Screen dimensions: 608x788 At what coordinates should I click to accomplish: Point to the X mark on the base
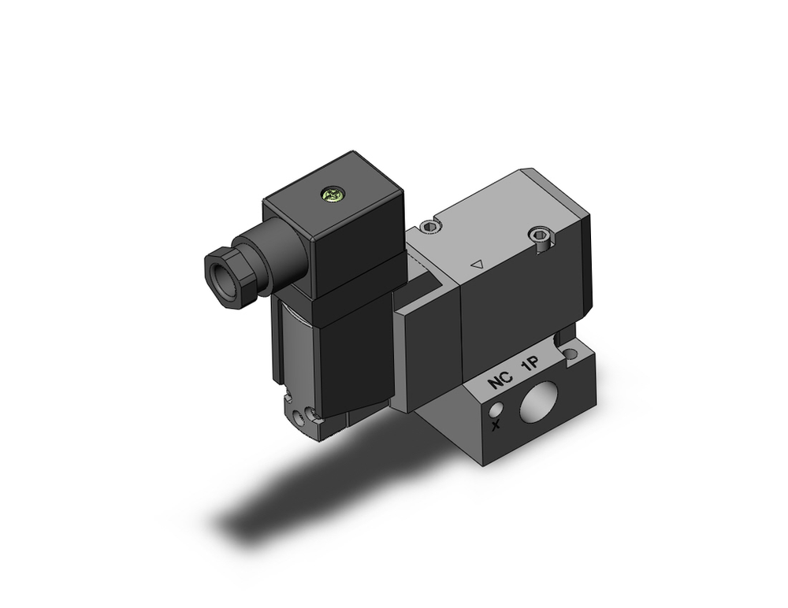(495, 426)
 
